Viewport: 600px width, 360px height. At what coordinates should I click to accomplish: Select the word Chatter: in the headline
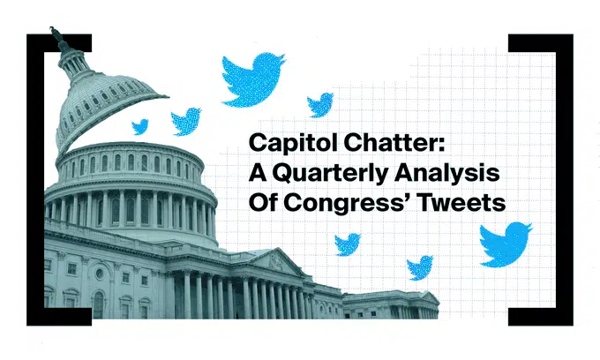click(x=394, y=142)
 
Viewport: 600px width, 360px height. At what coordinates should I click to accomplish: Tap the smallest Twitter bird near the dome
click(x=140, y=127)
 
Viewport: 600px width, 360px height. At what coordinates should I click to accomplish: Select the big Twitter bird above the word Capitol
click(x=253, y=79)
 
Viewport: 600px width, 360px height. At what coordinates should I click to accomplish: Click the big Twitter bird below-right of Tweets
click(x=505, y=244)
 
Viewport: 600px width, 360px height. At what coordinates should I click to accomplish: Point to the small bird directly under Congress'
click(x=348, y=244)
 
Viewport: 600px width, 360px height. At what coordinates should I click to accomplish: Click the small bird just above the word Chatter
click(x=320, y=104)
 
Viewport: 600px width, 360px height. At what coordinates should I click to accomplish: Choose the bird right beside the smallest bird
click(x=186, y=121)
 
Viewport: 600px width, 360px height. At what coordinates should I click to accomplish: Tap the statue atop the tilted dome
click(x=56, y=34)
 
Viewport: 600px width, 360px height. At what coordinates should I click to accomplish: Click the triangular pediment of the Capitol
click(x=277, y=262)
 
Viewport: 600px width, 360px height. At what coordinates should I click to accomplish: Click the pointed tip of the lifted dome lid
click(x=168, y=96)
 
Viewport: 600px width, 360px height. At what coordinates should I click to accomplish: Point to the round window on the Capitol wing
click(x=100, y=274)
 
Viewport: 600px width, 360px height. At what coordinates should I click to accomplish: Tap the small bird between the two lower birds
click(x=420, y=267)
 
